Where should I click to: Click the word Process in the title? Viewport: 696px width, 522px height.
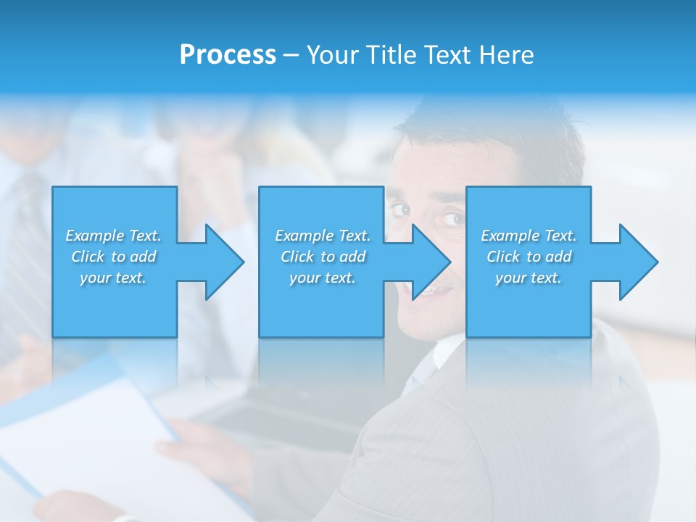228,55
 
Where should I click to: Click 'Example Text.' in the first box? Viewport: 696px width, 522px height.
114,236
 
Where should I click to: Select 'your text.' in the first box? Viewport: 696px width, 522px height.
114,278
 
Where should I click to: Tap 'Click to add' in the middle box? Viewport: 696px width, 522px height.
323,257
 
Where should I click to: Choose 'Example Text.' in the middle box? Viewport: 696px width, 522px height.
323,236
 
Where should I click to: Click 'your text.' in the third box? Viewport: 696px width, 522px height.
529,278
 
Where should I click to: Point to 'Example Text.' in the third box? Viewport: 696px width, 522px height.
529,236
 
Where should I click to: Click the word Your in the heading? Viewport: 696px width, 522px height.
334,55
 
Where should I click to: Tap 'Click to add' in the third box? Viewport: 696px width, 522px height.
529,257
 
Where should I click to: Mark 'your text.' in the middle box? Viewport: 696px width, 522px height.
323,278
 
